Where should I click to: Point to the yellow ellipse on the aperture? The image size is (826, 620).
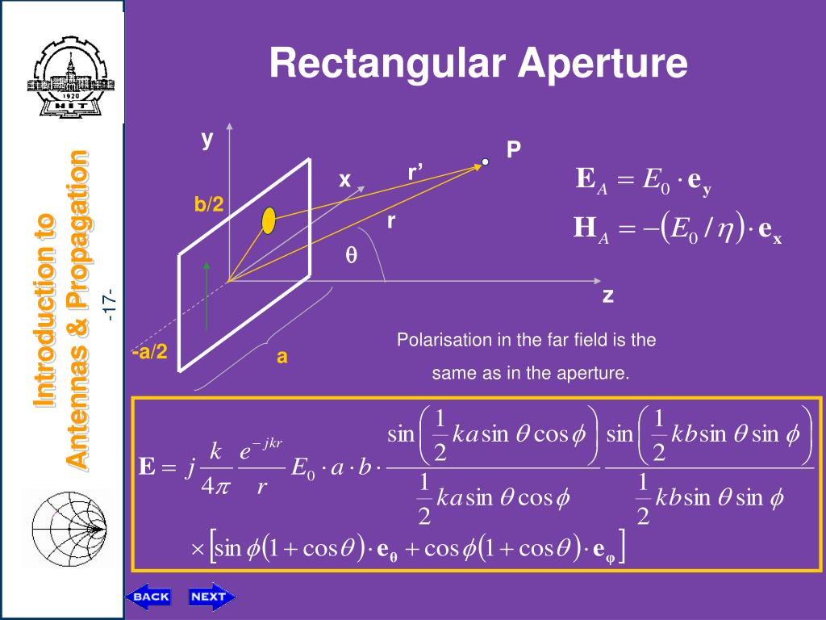[269, 220]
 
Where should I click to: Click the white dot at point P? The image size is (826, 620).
[486, 162]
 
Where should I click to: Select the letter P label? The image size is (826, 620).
[513, 150]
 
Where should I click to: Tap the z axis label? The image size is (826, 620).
[608, 296]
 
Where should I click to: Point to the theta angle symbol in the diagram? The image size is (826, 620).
[351, 255]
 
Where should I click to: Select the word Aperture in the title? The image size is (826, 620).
[603, 64]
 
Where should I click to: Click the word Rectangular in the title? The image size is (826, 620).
[388, 64]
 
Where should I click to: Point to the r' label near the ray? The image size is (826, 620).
[415, 173]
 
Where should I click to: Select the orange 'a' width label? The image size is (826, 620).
[282, 357]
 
